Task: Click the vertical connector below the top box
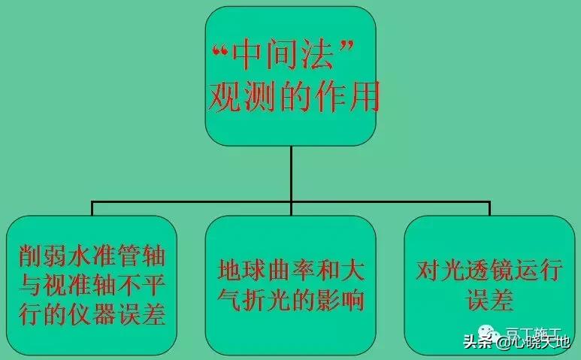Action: click(290, 173)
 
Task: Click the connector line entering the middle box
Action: click(290, 208)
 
